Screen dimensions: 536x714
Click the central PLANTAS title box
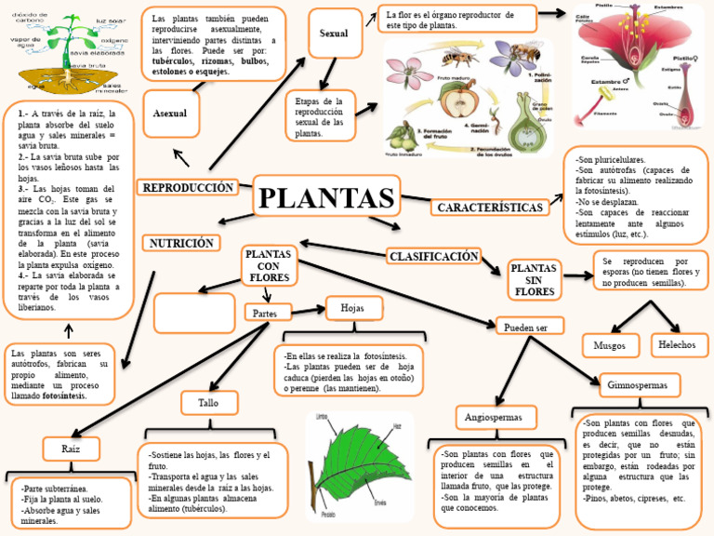pos(325,198)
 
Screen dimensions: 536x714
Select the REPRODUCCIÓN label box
pos(187,188)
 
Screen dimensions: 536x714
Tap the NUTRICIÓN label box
pos(181,243)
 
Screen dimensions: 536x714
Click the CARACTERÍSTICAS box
pos(489,207)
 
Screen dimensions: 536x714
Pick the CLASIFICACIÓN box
pos(433,255)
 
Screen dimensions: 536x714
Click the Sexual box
pos(333,33)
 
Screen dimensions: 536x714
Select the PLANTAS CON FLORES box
pos(267,265)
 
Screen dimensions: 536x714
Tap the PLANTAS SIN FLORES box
pos(534,280)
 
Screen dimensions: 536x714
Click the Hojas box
pos(352,308)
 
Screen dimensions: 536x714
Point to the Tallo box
pos(207,402)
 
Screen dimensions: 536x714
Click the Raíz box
pos(71,449)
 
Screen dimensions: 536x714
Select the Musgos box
pos(609,346)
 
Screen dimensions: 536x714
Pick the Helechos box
pos(677,344)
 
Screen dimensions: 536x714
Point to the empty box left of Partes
pos(193,312)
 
